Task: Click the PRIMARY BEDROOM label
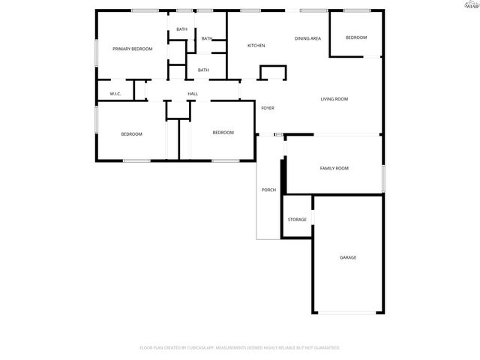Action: tap(133, 49)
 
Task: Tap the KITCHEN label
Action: tap(256, 46)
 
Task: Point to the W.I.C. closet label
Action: tap(115, 94)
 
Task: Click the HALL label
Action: tap(193, 94)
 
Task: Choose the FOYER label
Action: tap(268, 108)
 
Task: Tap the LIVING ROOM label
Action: tap(334, 99)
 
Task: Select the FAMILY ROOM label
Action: tap(334, 168)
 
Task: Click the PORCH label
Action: tap(268, 190)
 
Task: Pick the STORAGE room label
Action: tap(297, 219)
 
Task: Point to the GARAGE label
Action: tap(348, 257)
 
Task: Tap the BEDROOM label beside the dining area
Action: tap(356, 37)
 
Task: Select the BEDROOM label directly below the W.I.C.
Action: tap(132, 133)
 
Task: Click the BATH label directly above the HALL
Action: tap(203, 70)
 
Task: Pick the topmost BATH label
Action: tap(182, 29)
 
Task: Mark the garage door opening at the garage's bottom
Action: tap(348, 313)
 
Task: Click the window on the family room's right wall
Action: tap(383, 178)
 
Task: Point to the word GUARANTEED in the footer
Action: tap(323, 348)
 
